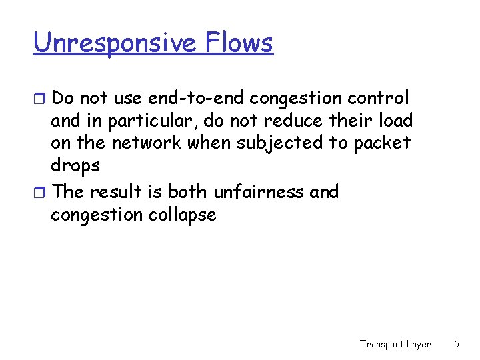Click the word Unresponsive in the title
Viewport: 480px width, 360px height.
tap(113, 43)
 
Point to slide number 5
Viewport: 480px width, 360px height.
tap(457, 345)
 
